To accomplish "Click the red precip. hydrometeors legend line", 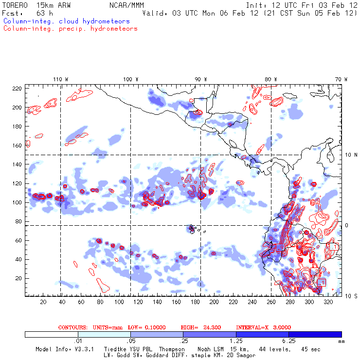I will pos(70,29).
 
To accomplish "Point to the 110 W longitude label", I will pos(60,79).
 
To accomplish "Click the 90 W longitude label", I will pos(201,79).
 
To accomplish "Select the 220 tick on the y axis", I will pos(18,88).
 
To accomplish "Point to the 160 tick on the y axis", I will pos(18,145).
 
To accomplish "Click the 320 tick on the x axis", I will pos(328,302).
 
